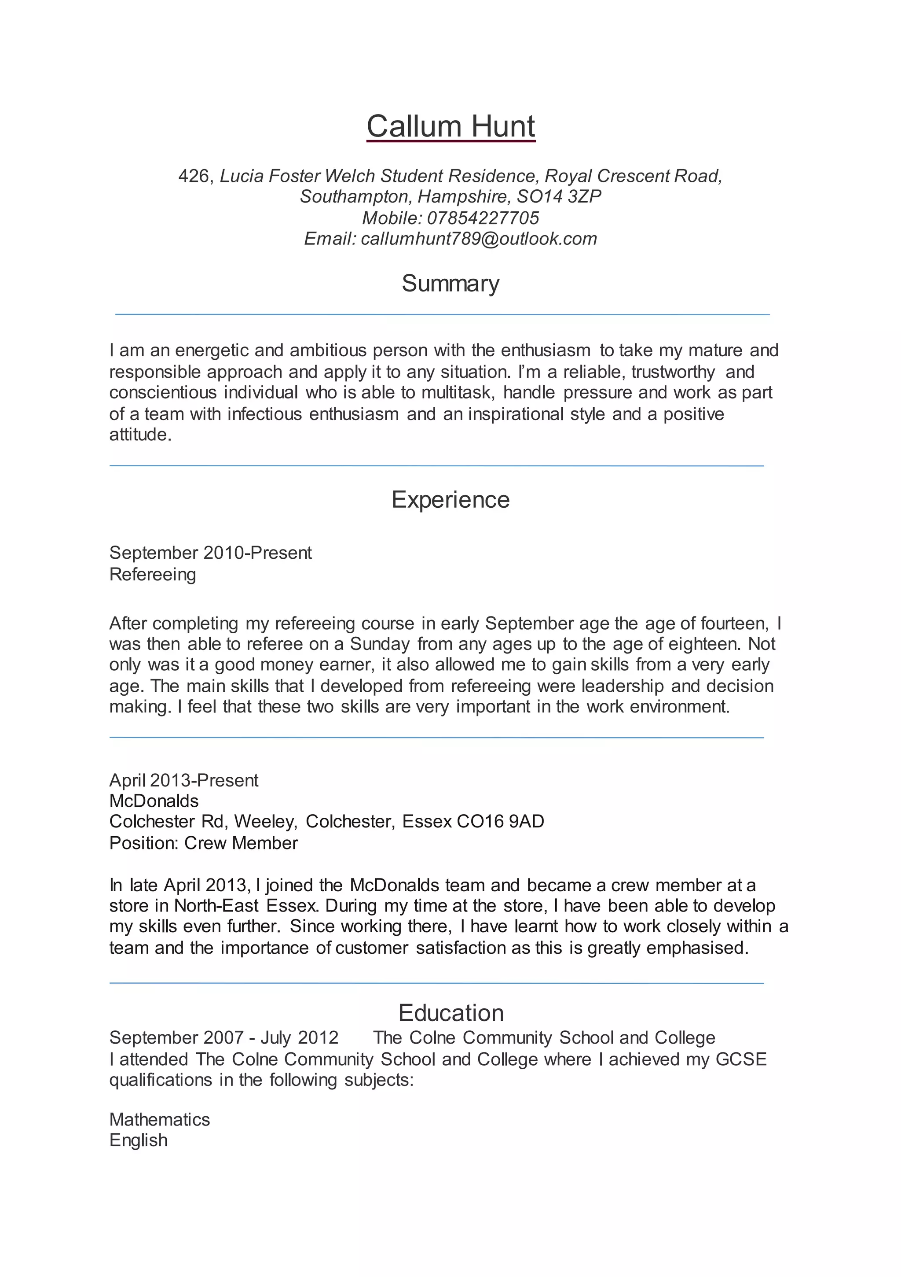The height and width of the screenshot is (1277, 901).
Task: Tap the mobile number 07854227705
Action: point(483,218)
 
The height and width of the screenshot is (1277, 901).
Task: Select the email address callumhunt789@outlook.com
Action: point(479,239)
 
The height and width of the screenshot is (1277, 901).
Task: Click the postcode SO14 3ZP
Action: point(559,196)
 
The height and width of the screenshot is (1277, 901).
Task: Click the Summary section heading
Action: point(450,284)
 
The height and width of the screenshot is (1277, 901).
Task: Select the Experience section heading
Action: point(450,499)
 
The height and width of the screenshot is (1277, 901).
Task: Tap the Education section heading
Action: point(451,1013)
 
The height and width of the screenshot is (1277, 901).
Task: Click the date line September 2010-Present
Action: point(210,553)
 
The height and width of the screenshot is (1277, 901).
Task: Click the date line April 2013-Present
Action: point(183,780)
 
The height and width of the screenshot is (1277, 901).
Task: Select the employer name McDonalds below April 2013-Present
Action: point(154,801)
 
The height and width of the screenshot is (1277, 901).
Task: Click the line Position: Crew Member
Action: point(203,843)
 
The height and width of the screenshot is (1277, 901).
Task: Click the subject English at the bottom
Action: point(139,1140)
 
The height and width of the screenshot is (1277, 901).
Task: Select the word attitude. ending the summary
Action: point(141,434)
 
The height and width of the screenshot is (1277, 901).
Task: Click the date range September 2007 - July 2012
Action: point(223,1038)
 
